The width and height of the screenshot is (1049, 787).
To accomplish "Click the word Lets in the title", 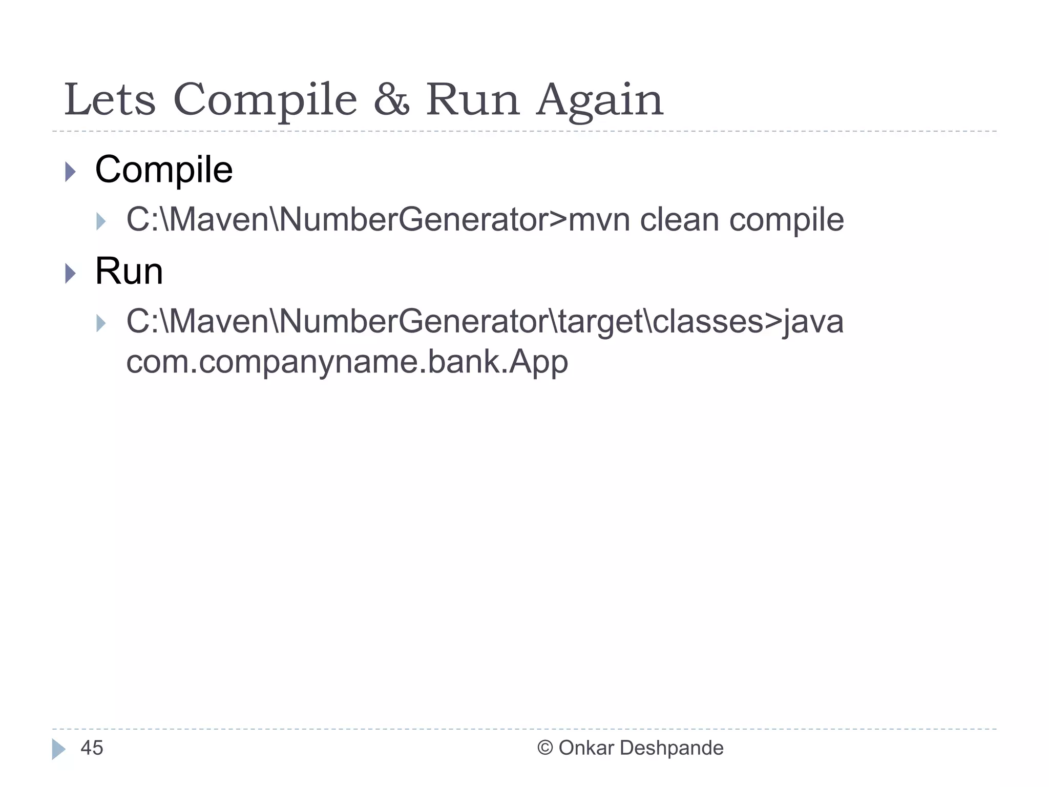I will pos(110,99).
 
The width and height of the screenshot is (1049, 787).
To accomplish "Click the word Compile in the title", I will pos(265,99).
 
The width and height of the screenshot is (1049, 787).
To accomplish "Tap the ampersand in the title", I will pos(391,99).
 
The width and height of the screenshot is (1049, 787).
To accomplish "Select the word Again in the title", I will pos(600,99).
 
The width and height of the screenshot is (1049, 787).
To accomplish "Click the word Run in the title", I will pos(473,99).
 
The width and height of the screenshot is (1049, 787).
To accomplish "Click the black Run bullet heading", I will pos(129,271).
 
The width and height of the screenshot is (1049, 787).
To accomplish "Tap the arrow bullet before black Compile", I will pos(71,172).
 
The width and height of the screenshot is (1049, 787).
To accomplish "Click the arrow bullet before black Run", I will pos(71,273).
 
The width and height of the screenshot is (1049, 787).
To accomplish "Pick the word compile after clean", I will pos(786,221).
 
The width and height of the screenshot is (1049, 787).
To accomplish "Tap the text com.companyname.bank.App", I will pos(347,362).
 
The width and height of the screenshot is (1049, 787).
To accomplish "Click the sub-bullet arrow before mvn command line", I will pos(101,222).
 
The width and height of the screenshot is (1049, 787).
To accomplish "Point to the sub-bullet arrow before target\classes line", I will pos(101,323).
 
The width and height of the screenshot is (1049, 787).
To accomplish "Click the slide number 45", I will pos(92,748).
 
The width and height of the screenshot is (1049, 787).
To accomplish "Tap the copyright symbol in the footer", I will pos(545,748).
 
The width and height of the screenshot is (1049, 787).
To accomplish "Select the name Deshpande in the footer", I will pos(672,748).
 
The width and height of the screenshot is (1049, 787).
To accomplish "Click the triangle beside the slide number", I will pos(59,749).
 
